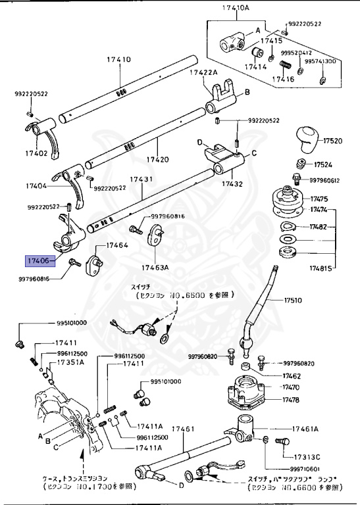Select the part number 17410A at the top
[x=235, y=8]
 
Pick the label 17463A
[x=154, y=268]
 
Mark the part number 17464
[x=116, y=245]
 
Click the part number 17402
[x=37, y=153]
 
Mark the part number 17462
[x=292, y=376]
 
